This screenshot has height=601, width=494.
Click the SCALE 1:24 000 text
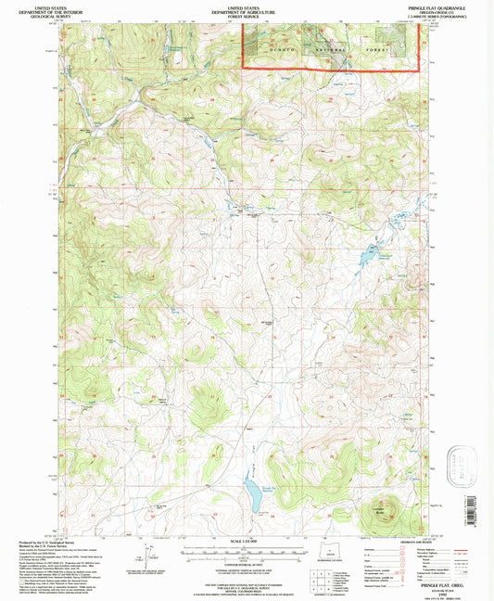coord(247,542)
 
